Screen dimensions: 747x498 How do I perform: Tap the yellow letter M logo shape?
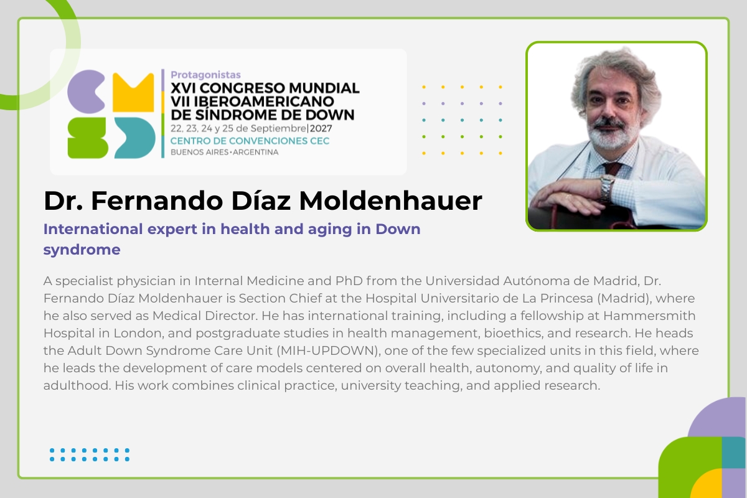click(x=133, y=92)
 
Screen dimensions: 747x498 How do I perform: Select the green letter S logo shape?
click(x=87, y=138)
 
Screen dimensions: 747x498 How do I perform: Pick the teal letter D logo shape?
click(x=135, y=138)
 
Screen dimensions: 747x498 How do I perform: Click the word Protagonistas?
click(x=205, y=75)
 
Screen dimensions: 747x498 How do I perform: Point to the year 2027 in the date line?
click(x=321, y=128)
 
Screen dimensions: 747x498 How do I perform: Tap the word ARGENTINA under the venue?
click(x=255, y=153)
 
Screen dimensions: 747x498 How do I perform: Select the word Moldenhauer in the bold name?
click(x=390, y=201)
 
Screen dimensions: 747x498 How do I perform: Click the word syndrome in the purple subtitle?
click(x=82, y=250)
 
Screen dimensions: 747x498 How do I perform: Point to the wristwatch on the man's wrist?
click(x=608, y=187)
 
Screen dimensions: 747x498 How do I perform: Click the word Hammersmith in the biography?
click(x=649, y=316)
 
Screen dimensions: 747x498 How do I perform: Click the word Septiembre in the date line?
click(x=278, y=129)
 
